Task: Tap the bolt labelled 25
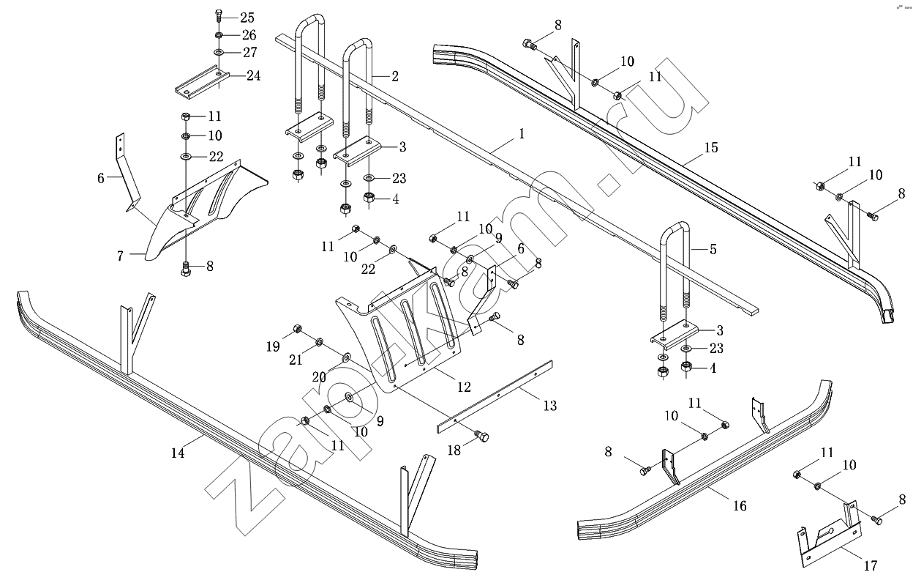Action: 219,17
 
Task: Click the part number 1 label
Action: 522,134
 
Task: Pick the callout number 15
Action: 711,148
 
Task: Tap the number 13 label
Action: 549,405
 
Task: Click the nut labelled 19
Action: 298,328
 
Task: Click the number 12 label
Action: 464,386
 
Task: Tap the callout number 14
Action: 178,453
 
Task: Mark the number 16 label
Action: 740,505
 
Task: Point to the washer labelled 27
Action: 219,53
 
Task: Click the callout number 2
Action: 395,75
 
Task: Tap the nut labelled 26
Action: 219,35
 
